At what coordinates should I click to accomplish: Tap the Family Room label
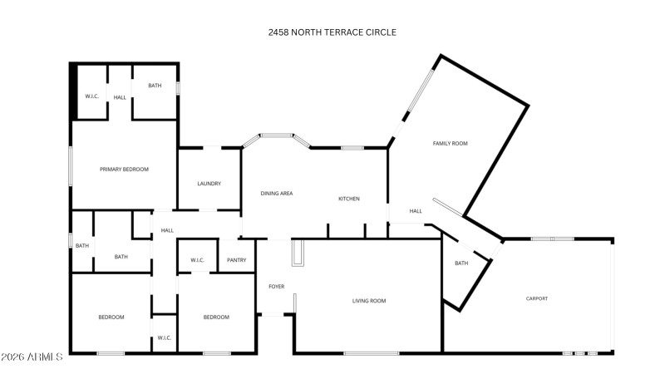pyautogui.click(x=450, y=144)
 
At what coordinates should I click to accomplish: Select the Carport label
pyautogui.click(x=536, y=298)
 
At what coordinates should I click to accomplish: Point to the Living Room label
pyautogui.click(x=368, y=301)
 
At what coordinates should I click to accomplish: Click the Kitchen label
pyautogui.click(x=348, y=199)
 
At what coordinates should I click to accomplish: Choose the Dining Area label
pyautogui.click(x=276, y=194)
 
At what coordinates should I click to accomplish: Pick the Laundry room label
pyautogui.click(x=209, y=184)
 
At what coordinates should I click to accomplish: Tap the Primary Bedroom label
pyautogui.click(x=124, y=170)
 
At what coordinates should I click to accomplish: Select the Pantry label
pyautogui.click(x=236, y=260)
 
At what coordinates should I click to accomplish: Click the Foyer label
pyautogui.click(x=276, y=287)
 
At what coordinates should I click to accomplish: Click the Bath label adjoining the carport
pyautogui.click(x=461, y=263)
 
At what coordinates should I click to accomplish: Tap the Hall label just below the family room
pyautogui.click(x=416, y=211)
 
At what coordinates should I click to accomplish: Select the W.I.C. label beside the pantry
pyautogui.click(x=197, y=260)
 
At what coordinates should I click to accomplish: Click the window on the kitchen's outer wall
pyautogui.click(x=352, y=148)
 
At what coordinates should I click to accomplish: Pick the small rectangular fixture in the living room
pyautogui.click(x=297, y=253)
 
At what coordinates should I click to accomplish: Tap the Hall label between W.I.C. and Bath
pyautogui.click(x=120, y=97)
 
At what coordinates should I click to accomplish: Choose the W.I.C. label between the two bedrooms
pyautogui.click(x=164, y=337)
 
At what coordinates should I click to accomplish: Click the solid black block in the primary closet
pyautogui.click(x=73, y=92)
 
